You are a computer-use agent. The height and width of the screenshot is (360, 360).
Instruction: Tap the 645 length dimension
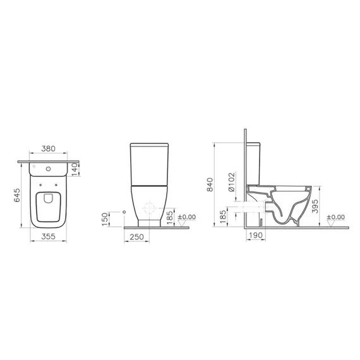tap(18, 199)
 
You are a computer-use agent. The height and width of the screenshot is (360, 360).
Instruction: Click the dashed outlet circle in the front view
tap(150, 209)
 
